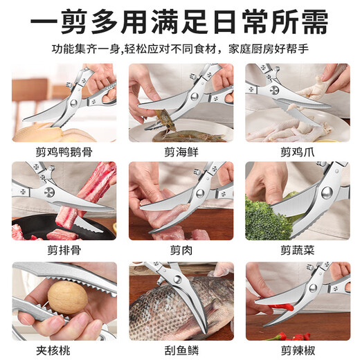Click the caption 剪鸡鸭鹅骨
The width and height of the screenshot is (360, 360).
[x=64, y=152]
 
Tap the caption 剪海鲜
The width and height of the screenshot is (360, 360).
[x=181, y=152]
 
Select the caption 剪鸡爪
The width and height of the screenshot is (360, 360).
[x=296, y=152]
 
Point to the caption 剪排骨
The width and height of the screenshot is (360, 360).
[x=64, y=250]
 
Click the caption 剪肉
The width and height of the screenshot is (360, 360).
[x=181, y=250]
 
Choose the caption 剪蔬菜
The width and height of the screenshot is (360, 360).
[x=296, y=250]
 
